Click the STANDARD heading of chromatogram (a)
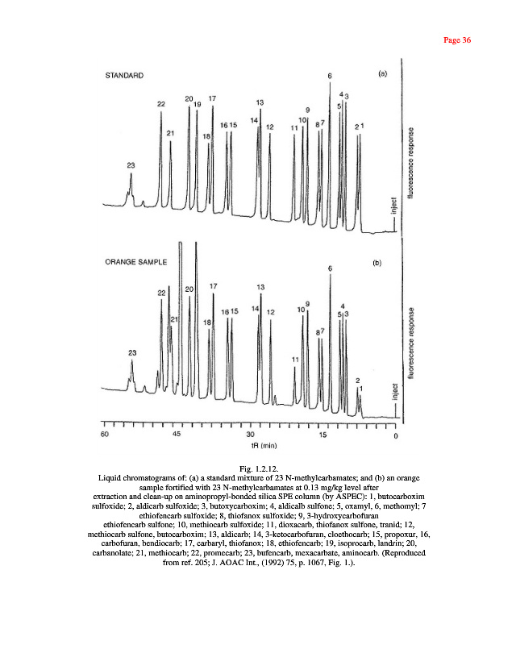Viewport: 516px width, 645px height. (125, 76)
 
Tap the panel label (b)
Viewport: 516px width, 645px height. (376, 263)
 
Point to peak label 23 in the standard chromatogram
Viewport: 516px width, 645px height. (131, 164)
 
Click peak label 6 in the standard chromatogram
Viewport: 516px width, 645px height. (330, 76)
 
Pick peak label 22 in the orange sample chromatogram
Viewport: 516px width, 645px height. (161, 292)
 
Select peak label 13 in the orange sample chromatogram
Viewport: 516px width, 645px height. (260, 287)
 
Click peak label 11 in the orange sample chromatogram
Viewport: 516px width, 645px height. (296, 359)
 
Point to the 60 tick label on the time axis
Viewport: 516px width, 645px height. (105, 435)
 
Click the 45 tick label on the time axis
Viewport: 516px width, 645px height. (177, 435)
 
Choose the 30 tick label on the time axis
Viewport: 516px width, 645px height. (250, 435)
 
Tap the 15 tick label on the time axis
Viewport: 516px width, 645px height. (322, 435)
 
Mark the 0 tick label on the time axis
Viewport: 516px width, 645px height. (396, 435)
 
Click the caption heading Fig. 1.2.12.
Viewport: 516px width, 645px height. (258, 468)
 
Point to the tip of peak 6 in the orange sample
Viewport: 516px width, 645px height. (330, 275)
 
